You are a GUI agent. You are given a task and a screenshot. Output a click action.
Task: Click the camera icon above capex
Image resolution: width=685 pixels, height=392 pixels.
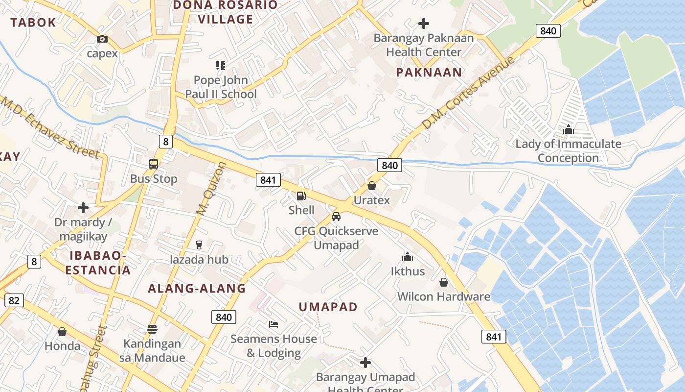pos(102,39)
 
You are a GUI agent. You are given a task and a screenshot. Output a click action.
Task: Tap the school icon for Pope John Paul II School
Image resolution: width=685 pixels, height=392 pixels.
pos(220,65)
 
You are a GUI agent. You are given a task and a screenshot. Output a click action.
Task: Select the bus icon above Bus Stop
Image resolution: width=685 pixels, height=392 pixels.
pos(154,164)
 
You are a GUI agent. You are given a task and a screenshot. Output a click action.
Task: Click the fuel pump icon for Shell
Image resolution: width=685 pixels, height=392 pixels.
pos(301,196)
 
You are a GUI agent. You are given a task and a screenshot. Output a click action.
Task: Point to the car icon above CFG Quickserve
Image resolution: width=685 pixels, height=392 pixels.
pos(336,216)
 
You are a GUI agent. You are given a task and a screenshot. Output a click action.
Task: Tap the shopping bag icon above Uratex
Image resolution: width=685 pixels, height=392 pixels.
pos(372,186)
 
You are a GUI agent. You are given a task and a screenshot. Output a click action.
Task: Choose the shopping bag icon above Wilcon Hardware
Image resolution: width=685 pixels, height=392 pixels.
pos(444,282)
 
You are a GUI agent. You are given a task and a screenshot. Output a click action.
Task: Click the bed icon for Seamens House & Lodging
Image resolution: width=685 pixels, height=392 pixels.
pos(274,324)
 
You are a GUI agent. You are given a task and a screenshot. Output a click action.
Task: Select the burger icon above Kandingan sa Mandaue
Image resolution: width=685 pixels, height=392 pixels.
pos(152,329)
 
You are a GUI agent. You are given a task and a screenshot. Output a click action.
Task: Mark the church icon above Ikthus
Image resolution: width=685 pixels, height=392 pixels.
pos(408,257)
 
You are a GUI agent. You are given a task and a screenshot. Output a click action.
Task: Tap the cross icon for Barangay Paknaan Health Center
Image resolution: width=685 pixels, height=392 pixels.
pos(424,23)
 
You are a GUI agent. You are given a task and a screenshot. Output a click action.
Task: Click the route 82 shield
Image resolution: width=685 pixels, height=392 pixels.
pos(14,300)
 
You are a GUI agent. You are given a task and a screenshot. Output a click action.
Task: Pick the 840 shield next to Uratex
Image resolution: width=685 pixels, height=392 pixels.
pos(389,165)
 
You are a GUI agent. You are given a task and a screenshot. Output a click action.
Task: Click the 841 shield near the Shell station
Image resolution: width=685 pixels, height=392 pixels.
pos(268,180)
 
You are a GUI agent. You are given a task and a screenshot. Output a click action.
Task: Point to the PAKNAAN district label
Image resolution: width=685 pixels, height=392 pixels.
pos(429,73)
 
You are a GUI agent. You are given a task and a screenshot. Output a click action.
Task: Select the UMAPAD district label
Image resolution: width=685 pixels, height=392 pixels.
pos(328,307)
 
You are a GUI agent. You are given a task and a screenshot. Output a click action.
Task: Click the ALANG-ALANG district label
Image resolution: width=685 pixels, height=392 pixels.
pos(197,288)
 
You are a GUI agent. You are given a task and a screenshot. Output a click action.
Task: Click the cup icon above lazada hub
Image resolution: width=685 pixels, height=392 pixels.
pos(199,245)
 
